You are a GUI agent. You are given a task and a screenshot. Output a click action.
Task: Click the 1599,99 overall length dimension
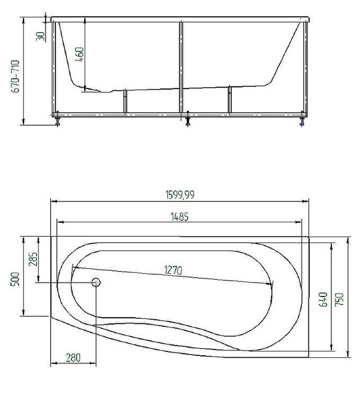coord(180,195)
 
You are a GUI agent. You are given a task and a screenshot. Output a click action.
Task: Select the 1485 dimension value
coord(180,217)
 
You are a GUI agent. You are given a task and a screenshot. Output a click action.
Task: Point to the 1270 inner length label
coord(173,270)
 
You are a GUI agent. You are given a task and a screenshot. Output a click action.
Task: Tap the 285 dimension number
coord(33,259)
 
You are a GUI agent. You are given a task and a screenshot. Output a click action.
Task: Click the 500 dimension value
coord(15,279)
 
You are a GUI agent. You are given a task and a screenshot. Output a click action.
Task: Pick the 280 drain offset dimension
coord(73,357)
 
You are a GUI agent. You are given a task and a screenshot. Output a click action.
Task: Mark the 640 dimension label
coord(324,299)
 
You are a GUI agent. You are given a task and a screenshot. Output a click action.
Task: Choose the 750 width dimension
coord(339,299)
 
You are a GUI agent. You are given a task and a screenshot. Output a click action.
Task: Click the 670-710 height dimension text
coord(15,76)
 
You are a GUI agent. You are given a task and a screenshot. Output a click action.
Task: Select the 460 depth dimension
coord(80,54)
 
